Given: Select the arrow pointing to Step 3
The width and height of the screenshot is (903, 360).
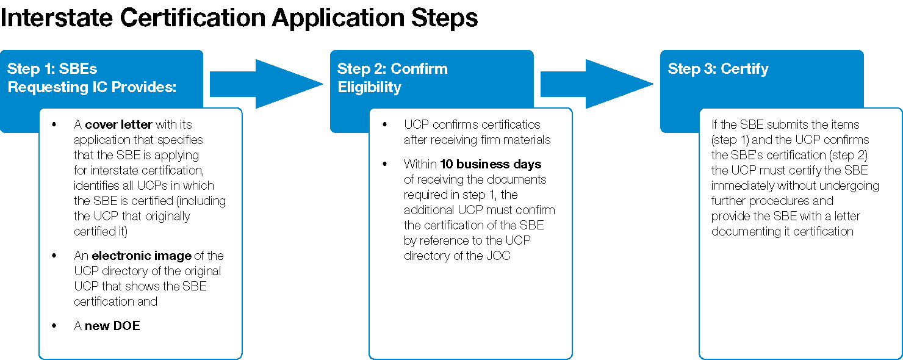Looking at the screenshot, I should point(597,84).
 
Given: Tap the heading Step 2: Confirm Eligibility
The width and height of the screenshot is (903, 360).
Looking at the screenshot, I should point(392,77).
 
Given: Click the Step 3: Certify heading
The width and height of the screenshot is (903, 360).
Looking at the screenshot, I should point(718,68).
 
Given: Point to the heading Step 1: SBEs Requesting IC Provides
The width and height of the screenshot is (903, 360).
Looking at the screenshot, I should point(92,77).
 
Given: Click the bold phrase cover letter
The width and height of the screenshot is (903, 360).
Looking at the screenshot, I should point(118,124).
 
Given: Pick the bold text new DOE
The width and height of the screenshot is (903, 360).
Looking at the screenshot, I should point(112,326).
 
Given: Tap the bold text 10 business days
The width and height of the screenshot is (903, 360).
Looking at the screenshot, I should point(491,164).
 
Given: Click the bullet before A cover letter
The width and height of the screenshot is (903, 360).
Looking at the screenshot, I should point(54,124).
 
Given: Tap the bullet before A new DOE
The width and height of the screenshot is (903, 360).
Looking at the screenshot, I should point(54,326).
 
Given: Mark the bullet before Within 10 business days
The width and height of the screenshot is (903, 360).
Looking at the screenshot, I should point(384,164).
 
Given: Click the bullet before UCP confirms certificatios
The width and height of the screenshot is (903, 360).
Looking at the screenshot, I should point(384,124).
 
